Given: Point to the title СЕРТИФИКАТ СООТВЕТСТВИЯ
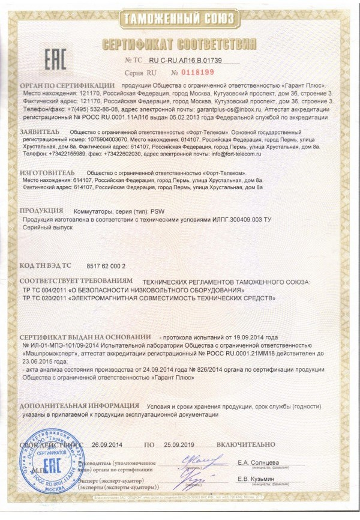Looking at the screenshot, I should (180, 43).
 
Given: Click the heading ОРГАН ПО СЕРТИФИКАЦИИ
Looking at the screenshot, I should (67, 86).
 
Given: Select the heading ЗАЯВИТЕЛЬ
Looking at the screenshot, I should (40, 130).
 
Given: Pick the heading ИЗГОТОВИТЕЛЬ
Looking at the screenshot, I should (47, 172).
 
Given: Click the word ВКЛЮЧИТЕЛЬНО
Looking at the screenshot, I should (245, 446).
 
